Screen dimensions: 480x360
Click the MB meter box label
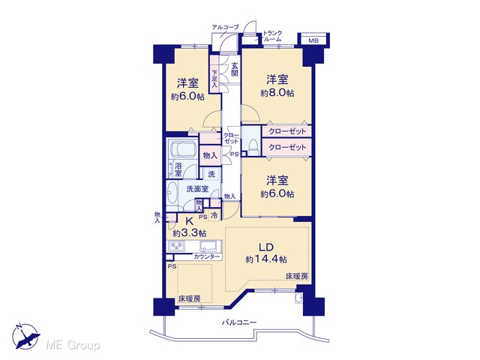(313, 40)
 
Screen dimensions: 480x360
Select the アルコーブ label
(225, 27)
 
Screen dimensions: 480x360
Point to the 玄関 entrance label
(235, 70)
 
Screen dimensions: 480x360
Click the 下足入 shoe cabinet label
(214, 79)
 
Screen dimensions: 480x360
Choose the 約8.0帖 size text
(277, 93)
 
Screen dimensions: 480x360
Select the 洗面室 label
(197, 189)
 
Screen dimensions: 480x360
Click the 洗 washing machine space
(211, 175)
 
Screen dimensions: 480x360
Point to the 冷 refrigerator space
(215, 215)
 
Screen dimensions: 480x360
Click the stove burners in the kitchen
(177, 246)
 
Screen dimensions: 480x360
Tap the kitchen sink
(210, 246)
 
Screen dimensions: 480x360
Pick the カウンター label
(207, 256)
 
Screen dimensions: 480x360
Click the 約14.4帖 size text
(266, 259)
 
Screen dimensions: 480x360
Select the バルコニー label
(239, 322)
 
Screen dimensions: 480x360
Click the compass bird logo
(26, 336)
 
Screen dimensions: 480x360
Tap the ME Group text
(73, 345)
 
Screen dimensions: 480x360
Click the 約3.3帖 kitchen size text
(189, 233)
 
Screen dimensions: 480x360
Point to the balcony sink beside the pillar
(299, 298)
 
